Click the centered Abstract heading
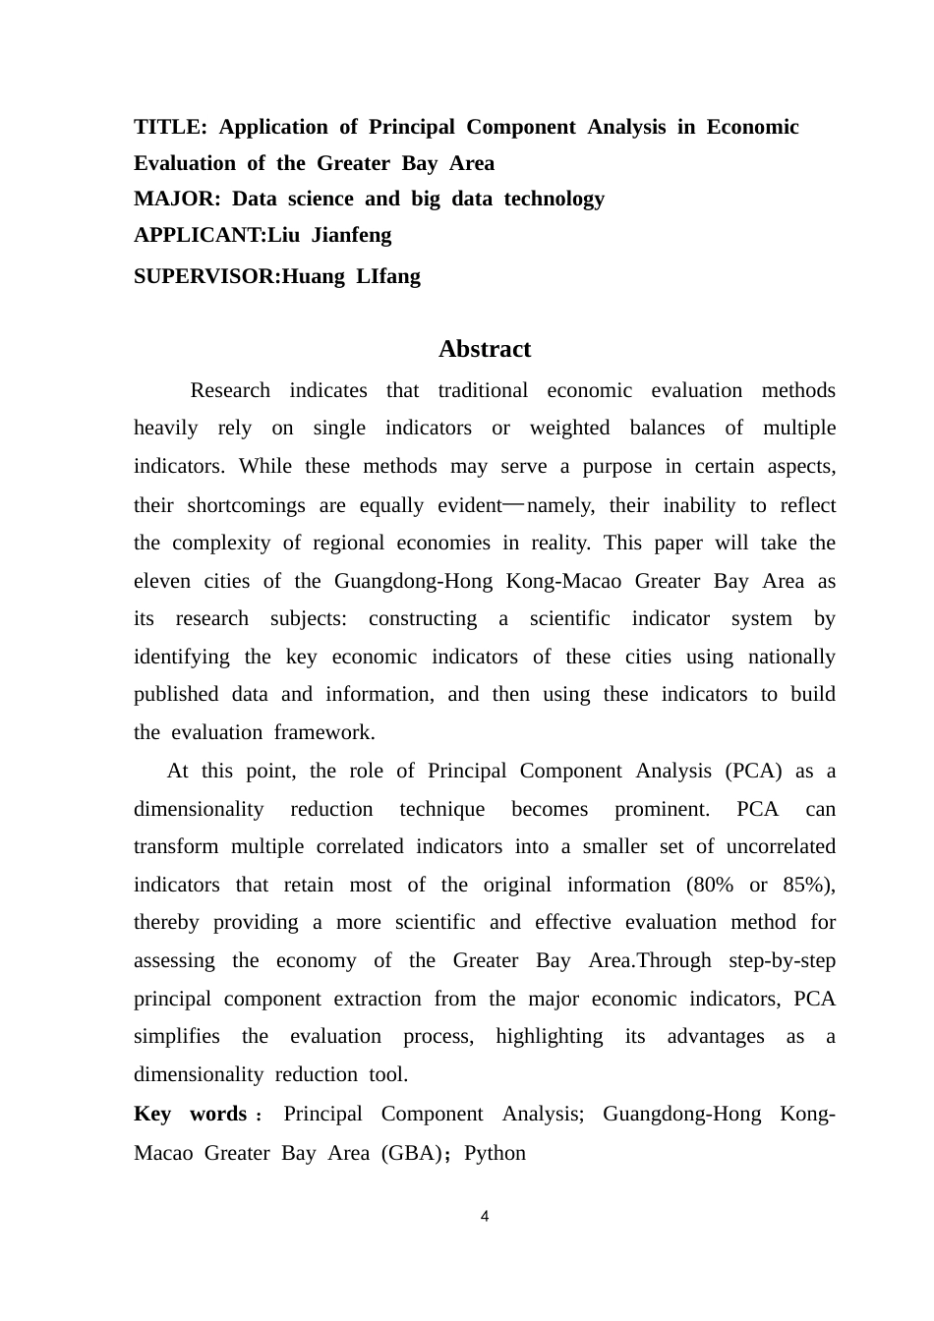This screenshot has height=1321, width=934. [485, 349]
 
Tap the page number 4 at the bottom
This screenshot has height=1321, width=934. [485, 1217]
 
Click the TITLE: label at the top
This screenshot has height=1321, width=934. [170, 127]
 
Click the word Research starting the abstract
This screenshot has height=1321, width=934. [230, 390]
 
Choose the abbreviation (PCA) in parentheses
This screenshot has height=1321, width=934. [753, 771]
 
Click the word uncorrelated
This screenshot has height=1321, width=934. [781, 846]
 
